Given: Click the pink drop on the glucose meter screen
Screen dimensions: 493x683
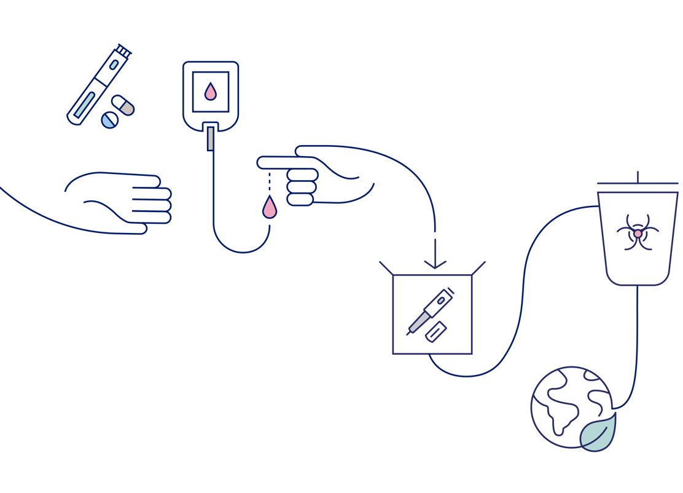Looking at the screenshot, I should [x=211, y=92].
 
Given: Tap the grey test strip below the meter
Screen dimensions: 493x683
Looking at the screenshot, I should [x=210, y=138].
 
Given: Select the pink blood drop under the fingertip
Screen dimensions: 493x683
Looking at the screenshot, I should [x=269, y=208].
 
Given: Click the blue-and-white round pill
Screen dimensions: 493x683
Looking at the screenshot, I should [x=109, y=119].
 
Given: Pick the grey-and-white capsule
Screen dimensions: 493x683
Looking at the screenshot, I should [x=123, y=105].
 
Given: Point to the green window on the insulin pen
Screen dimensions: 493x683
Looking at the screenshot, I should [x=85, y=104].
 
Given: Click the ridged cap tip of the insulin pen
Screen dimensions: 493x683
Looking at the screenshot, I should [x=124, y=49].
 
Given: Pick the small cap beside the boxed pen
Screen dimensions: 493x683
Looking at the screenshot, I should [x=435, y=331].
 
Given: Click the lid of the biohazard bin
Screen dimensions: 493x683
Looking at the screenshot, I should [x=638, y=183].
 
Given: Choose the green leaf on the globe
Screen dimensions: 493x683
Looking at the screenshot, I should [x=598, y=433].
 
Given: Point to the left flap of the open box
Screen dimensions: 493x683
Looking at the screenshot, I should [x=386, y=267].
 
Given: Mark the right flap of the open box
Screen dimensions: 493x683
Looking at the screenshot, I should [x=478, y=267].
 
